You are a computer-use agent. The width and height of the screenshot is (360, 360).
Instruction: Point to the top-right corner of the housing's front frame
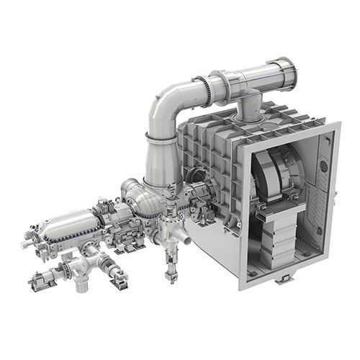[x=337, y=125]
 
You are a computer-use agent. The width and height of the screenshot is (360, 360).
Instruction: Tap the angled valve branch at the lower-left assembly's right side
[x=115, y=274]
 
